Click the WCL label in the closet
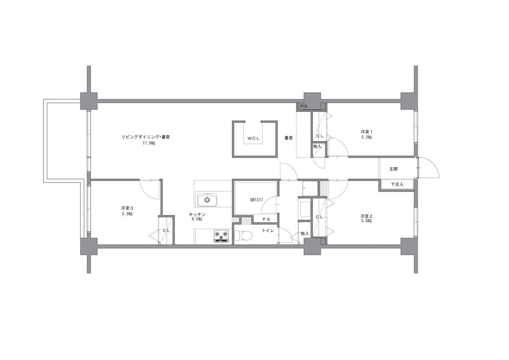254,138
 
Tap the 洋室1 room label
366,132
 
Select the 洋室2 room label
366,216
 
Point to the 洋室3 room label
127,208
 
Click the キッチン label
197,214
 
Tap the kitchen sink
207,199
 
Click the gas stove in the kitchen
221,236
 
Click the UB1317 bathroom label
256,200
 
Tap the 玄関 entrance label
394,169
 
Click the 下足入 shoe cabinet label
397,184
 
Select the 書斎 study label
289,138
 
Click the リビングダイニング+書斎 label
146,137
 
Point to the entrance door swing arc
433,164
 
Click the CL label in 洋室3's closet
166,231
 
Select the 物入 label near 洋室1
317,146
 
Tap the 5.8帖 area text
366,221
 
